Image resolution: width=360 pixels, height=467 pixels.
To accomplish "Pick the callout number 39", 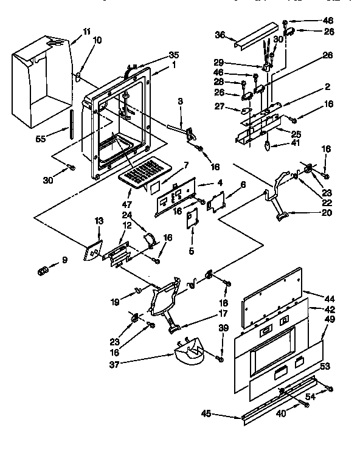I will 223,328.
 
